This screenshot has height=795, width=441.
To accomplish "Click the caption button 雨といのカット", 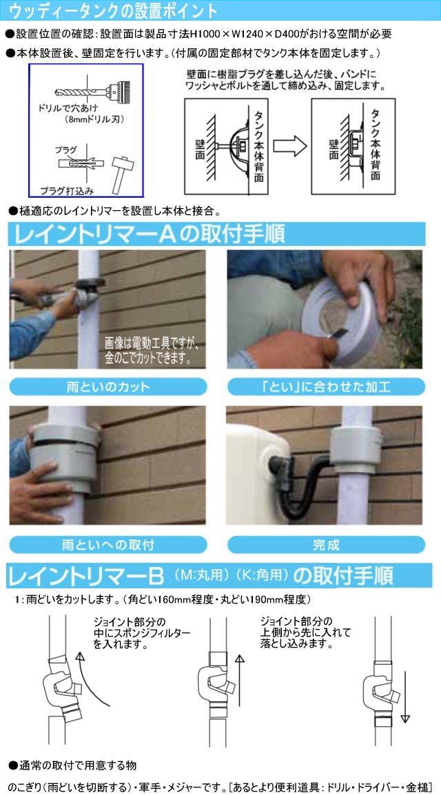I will [107, 386].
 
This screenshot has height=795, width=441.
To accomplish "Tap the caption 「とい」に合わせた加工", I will [325, 386].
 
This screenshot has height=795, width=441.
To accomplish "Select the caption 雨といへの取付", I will [107, 544].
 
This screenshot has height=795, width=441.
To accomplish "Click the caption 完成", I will [325, 544].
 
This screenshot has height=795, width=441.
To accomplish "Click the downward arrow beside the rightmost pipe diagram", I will [404, 696].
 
